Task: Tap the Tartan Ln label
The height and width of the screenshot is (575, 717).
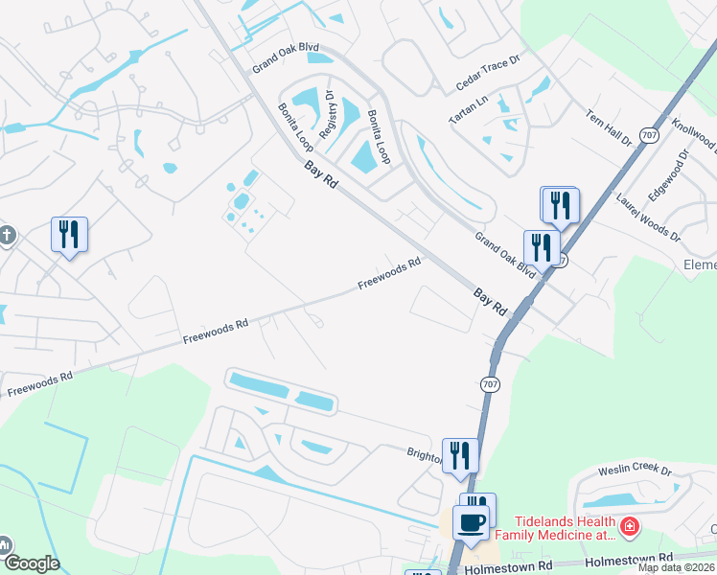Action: (470, 107)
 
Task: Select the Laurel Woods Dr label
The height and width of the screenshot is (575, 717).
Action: (648, 218)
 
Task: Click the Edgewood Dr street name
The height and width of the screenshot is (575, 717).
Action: (669, 174)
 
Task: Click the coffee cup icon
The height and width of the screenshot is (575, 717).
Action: (470, 523)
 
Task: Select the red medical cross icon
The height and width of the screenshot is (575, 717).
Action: (629, 526)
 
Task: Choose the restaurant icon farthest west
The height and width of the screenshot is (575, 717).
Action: (69, 233)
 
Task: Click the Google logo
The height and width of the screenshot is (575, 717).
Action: (31, 563)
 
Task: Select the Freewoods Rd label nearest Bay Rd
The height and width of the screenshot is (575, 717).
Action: (390, 273)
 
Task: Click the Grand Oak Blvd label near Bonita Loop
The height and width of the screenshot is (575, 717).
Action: (285, 58)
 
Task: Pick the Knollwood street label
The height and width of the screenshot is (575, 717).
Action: (695, 134)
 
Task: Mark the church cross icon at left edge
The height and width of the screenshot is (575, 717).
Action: (6, 236)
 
